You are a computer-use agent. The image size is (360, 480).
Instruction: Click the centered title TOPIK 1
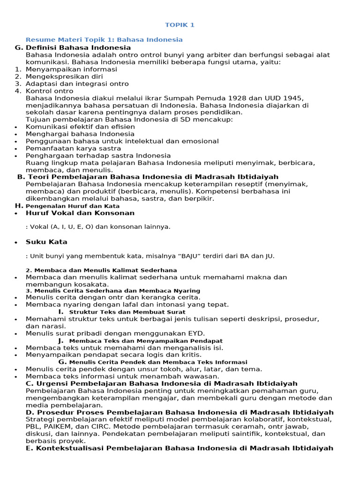coord(180,25)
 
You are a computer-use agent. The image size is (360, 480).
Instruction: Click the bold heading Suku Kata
coord(46,242)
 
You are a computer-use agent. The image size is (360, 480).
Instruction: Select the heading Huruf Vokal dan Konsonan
coord(80,213)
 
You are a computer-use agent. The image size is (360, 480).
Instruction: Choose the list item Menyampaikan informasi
coord(71,69)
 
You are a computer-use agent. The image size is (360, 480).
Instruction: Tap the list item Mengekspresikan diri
coord(64,76)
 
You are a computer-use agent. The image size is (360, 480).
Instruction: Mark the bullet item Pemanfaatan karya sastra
coord(73,148)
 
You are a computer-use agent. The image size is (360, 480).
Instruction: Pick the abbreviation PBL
coord(32,427)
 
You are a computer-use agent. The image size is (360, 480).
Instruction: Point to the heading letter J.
coord(61,340)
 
